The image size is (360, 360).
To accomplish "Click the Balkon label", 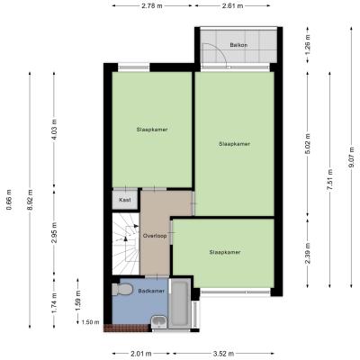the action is coord(238,45).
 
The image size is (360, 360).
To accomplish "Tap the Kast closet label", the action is coord(125,200).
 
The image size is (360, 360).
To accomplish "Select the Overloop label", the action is coord(155,236).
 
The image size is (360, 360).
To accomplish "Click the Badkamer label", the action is coord(151,291).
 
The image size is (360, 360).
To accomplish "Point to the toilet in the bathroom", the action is coord(122,290).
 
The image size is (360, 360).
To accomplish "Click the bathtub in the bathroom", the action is coord(179,303).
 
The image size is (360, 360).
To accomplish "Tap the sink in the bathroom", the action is coord(159,322).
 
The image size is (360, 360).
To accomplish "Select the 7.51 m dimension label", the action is coord(330,179).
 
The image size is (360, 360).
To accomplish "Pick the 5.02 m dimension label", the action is coord(308,143).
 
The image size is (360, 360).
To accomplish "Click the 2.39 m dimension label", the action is coord(308,253).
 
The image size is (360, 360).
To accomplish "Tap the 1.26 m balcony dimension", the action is coord(308,45).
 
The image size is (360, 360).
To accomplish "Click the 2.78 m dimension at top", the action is coord(152,5).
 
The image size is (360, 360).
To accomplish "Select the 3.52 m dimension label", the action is coord(223,354).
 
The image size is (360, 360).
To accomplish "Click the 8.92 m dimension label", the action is coord(30,200).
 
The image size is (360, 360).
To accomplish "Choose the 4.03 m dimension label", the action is coord(54,130).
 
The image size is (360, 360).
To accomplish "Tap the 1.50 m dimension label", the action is coord(90,322).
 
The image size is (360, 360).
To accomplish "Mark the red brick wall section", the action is coord(127,328).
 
